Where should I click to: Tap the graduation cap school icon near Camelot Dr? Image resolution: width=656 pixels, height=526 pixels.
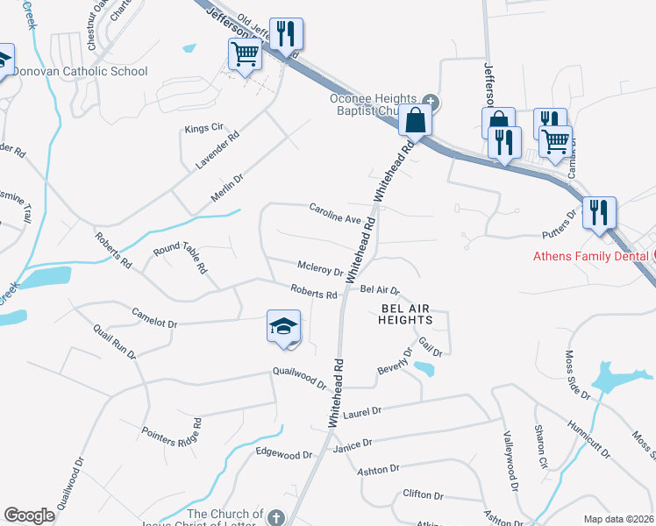click(x=284, y=327)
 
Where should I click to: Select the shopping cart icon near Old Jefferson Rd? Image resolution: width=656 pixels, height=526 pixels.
click(x=245, y=54)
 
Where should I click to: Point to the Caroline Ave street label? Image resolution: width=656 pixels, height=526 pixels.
click(x=335, y=211)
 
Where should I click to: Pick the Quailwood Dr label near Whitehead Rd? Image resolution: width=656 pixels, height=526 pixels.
click(x=299, y=378)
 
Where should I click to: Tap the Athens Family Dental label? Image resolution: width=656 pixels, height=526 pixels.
click(x=592, y=256)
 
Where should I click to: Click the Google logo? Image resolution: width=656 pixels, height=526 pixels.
click(x=29, y=515)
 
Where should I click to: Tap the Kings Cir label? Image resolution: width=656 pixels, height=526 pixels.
click(x=203, y=128)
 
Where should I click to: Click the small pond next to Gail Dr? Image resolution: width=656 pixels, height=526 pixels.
click(x=424, y=368)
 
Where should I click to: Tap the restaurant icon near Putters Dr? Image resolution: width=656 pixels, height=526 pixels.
click(x=599, y=213)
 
